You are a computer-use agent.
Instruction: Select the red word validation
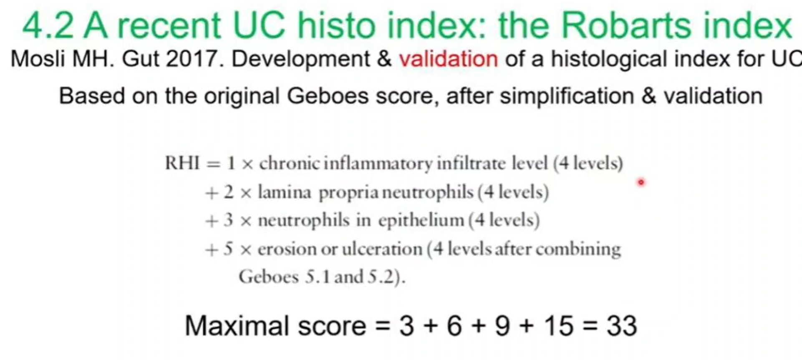pos(449,59)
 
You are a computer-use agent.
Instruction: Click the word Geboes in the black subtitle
pos(328,96)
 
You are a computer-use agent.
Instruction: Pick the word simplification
pos(567,96)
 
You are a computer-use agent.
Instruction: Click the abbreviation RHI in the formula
pos(182,163)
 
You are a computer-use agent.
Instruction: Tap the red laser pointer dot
pos(641,182)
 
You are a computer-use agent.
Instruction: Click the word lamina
pos(285,192)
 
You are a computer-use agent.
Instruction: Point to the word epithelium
pos(421,220)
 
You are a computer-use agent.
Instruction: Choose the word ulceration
pos(382,249)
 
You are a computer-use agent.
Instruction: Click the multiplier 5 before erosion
pos(228,249)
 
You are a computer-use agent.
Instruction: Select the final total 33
pos(622,326)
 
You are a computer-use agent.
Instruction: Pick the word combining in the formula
pos(578,249)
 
